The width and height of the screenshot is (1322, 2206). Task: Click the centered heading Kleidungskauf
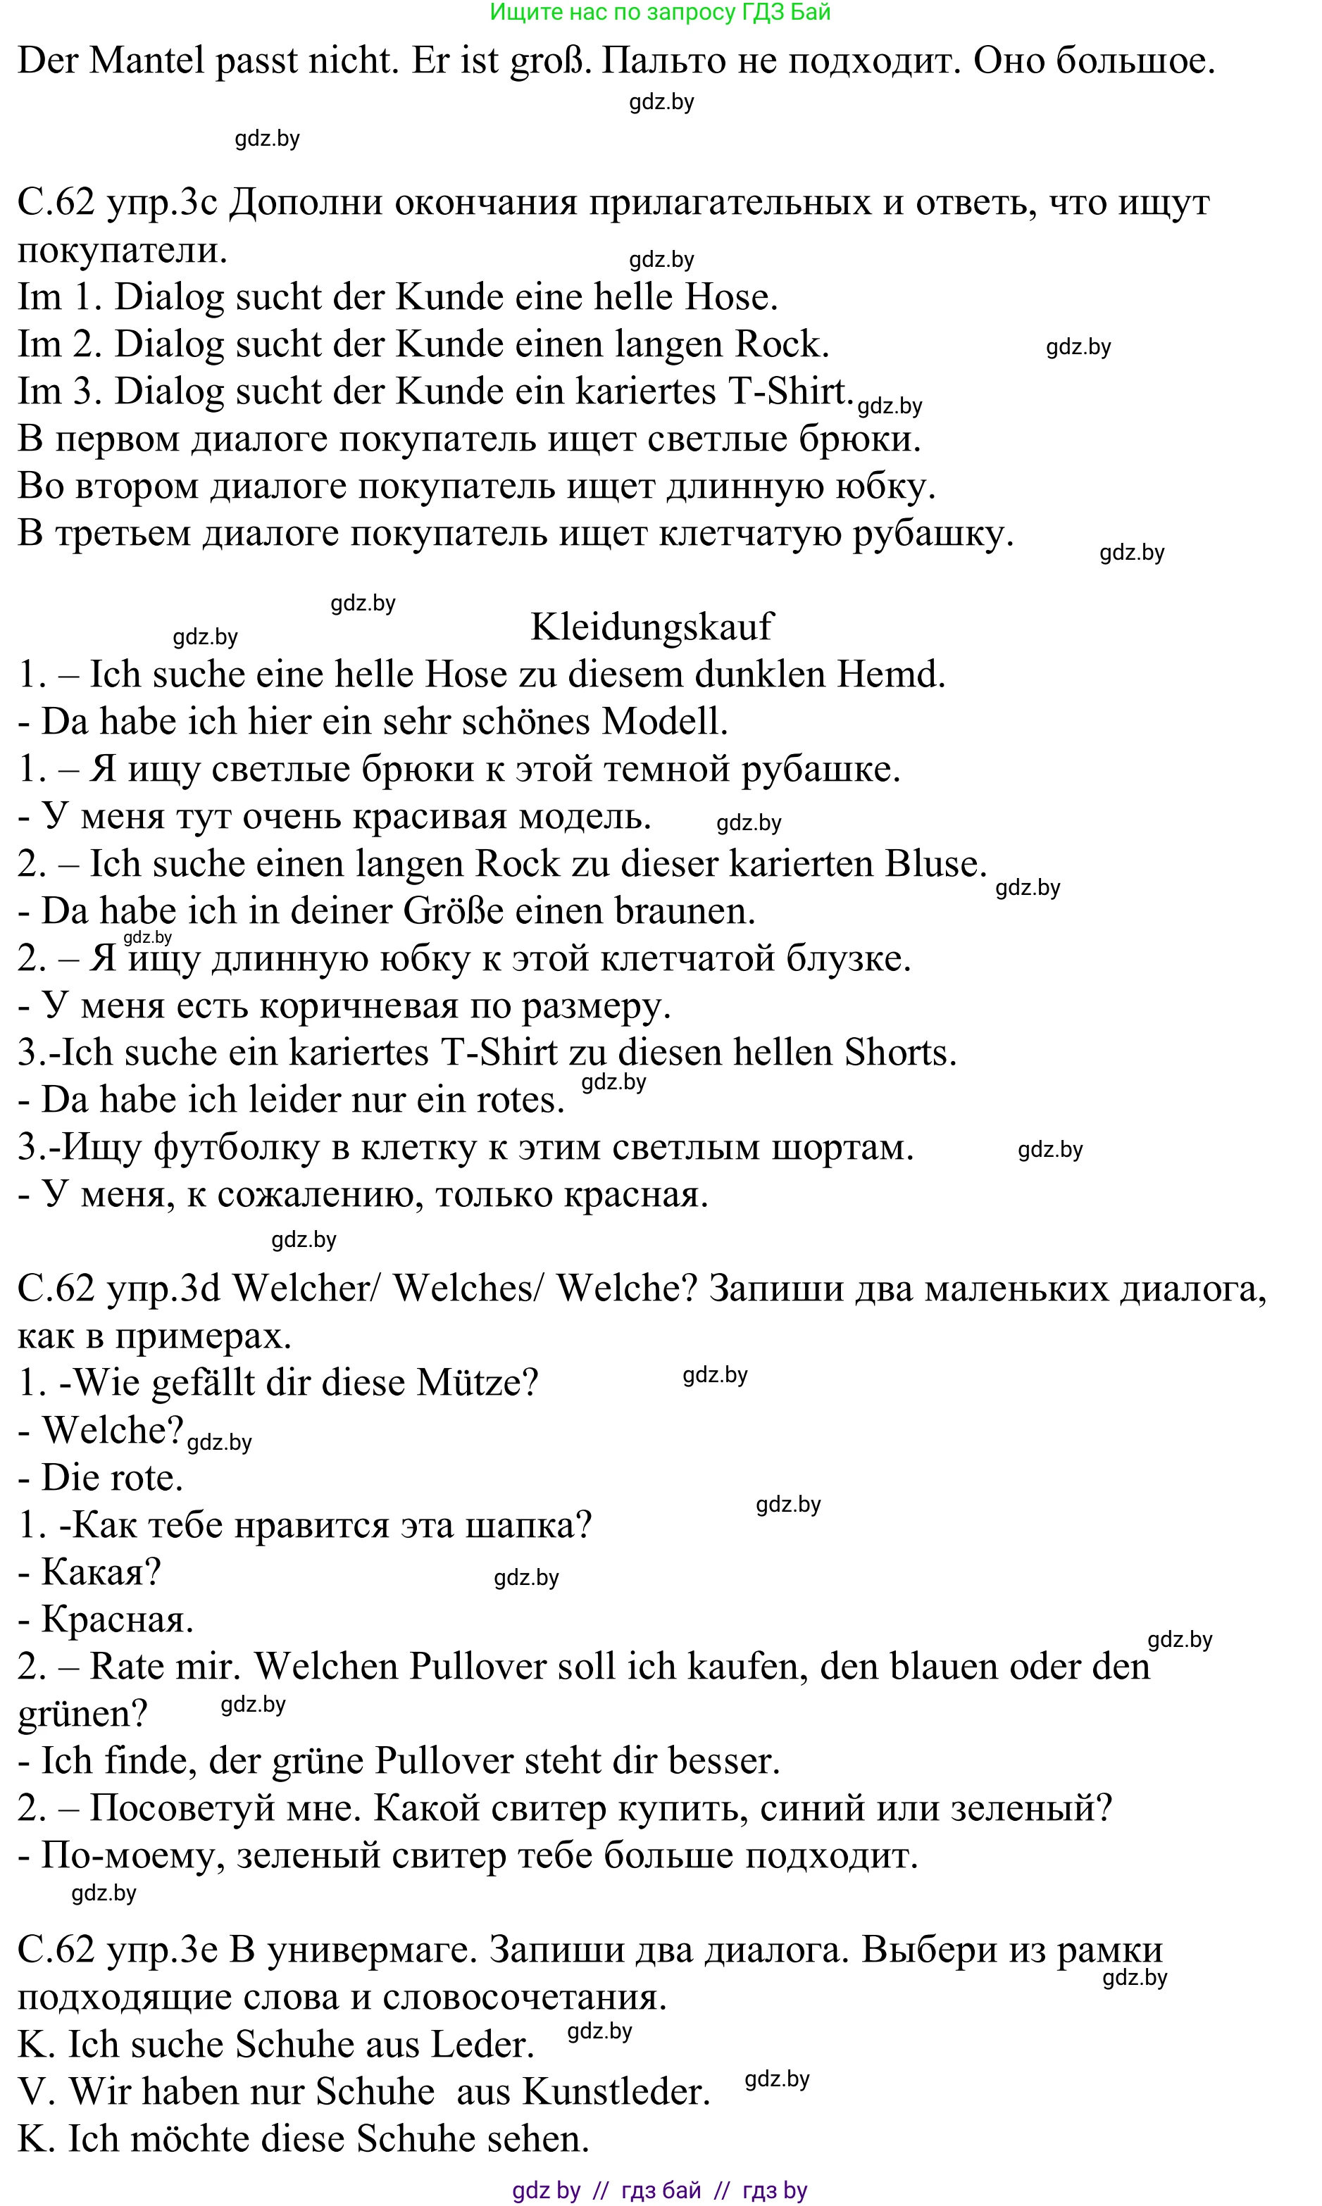[651, 626]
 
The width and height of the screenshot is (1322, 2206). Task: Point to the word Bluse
[935, 863]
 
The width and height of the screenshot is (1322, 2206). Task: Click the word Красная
[118, 1618]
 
